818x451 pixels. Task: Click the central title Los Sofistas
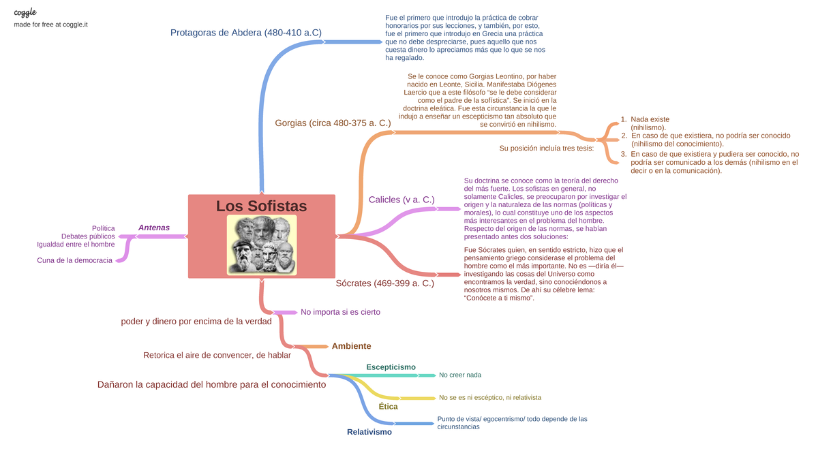pos(261,206)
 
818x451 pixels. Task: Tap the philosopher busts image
pos(262,245)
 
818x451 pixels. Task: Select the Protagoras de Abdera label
pos(245,32)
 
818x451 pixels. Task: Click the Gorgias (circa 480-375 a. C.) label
pos(333,123)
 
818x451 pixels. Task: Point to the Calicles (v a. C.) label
pos(402,200)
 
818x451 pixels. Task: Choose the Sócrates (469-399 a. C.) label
pos(385,283)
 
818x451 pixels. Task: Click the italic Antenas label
pos(153,228)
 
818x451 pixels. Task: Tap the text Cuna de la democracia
pos(74,260)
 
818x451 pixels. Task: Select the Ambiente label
pos(351,346)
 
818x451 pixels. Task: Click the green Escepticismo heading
pos(391,367)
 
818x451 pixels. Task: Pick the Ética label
pos(388,407)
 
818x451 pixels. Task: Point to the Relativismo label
pos(369,432)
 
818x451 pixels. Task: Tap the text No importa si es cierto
pos(340,312)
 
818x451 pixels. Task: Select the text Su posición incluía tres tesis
pos(547,148)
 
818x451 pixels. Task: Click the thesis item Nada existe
pos(650,119)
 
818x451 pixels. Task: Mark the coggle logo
pos(25,12)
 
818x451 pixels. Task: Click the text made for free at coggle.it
pos(51,25)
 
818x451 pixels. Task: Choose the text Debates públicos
pos(88,236)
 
